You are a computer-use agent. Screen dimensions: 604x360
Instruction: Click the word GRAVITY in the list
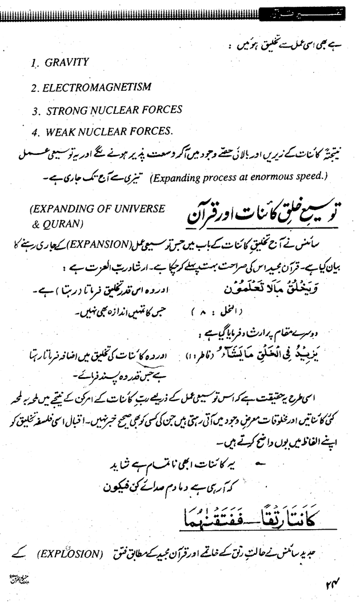tap(67, 62)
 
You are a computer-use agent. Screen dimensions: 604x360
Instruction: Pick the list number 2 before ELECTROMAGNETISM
tap(35, 87)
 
